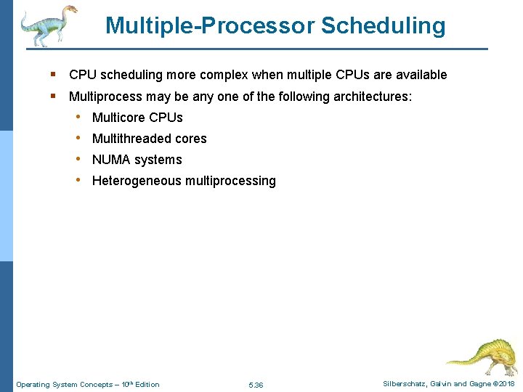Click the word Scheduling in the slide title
tap(383, 26)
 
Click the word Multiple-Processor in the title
tap(210, 26)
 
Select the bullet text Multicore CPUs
tap(137, 118)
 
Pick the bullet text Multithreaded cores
tap(149, 139)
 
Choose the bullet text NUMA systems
tap(137, 160)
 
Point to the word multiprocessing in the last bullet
tap(230, 181)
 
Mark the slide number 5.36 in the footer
tap(256, 385)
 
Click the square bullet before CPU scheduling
tap(54, 75)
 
